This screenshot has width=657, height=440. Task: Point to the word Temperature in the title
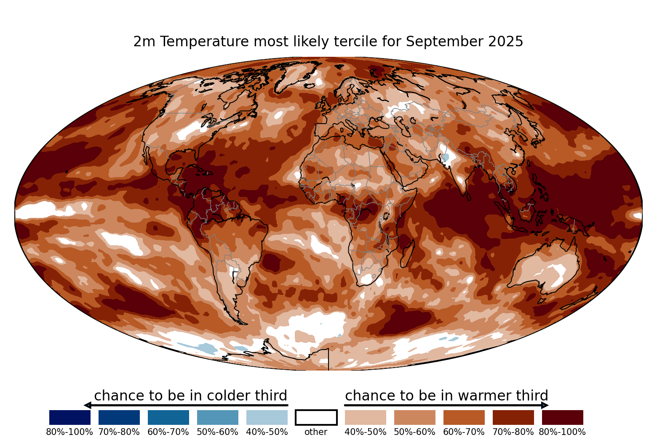coord(205,42)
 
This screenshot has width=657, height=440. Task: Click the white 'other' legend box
coord(316,417)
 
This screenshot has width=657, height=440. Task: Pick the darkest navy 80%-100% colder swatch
coord(70,417)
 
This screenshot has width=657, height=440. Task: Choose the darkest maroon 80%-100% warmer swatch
coord(563,417)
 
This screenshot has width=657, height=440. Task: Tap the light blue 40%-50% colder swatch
coord(267,417)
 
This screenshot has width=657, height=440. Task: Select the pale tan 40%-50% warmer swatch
coord(366,417)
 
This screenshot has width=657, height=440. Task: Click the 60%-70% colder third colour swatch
coord(168,417)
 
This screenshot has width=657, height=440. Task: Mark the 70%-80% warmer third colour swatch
coord(513,417)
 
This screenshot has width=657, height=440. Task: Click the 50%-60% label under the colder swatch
coord(217,432)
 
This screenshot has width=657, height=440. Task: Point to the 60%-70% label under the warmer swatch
coord(464,432)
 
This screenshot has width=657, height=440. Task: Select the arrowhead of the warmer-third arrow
coord(545,406)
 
